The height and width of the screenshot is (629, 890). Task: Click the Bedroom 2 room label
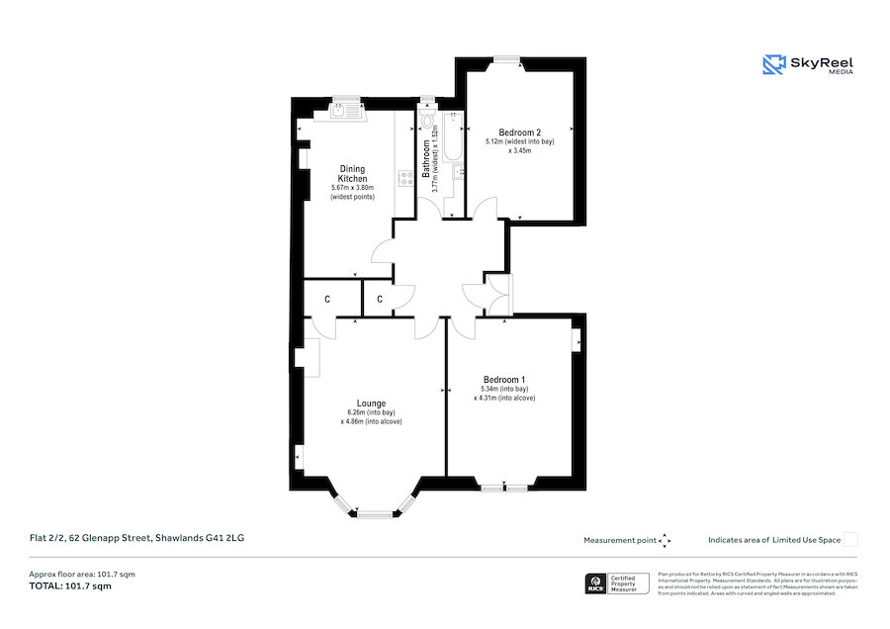pyautogui.click(x=519, y=133)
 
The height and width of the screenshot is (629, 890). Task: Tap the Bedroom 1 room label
pyautogui.click(x=503, y=380)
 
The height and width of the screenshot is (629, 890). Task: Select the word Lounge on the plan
pyautogui.click(x=372, y=403)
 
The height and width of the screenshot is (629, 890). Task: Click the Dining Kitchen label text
pyautogui.click(x=353, y=173)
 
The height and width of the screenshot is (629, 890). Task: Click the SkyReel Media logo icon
pyautogui.click(x=773, y=65)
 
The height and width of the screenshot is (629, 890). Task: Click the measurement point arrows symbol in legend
pyautogui.click(x=665, y=540)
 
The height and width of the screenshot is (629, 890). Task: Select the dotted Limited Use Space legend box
pyautogui.click(x=850, y=539)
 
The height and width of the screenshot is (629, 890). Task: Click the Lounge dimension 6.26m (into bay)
pyautogui.click(x=371, y=412)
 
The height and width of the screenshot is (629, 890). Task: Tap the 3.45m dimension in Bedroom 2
pyautogui.click(x=519, y=151)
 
